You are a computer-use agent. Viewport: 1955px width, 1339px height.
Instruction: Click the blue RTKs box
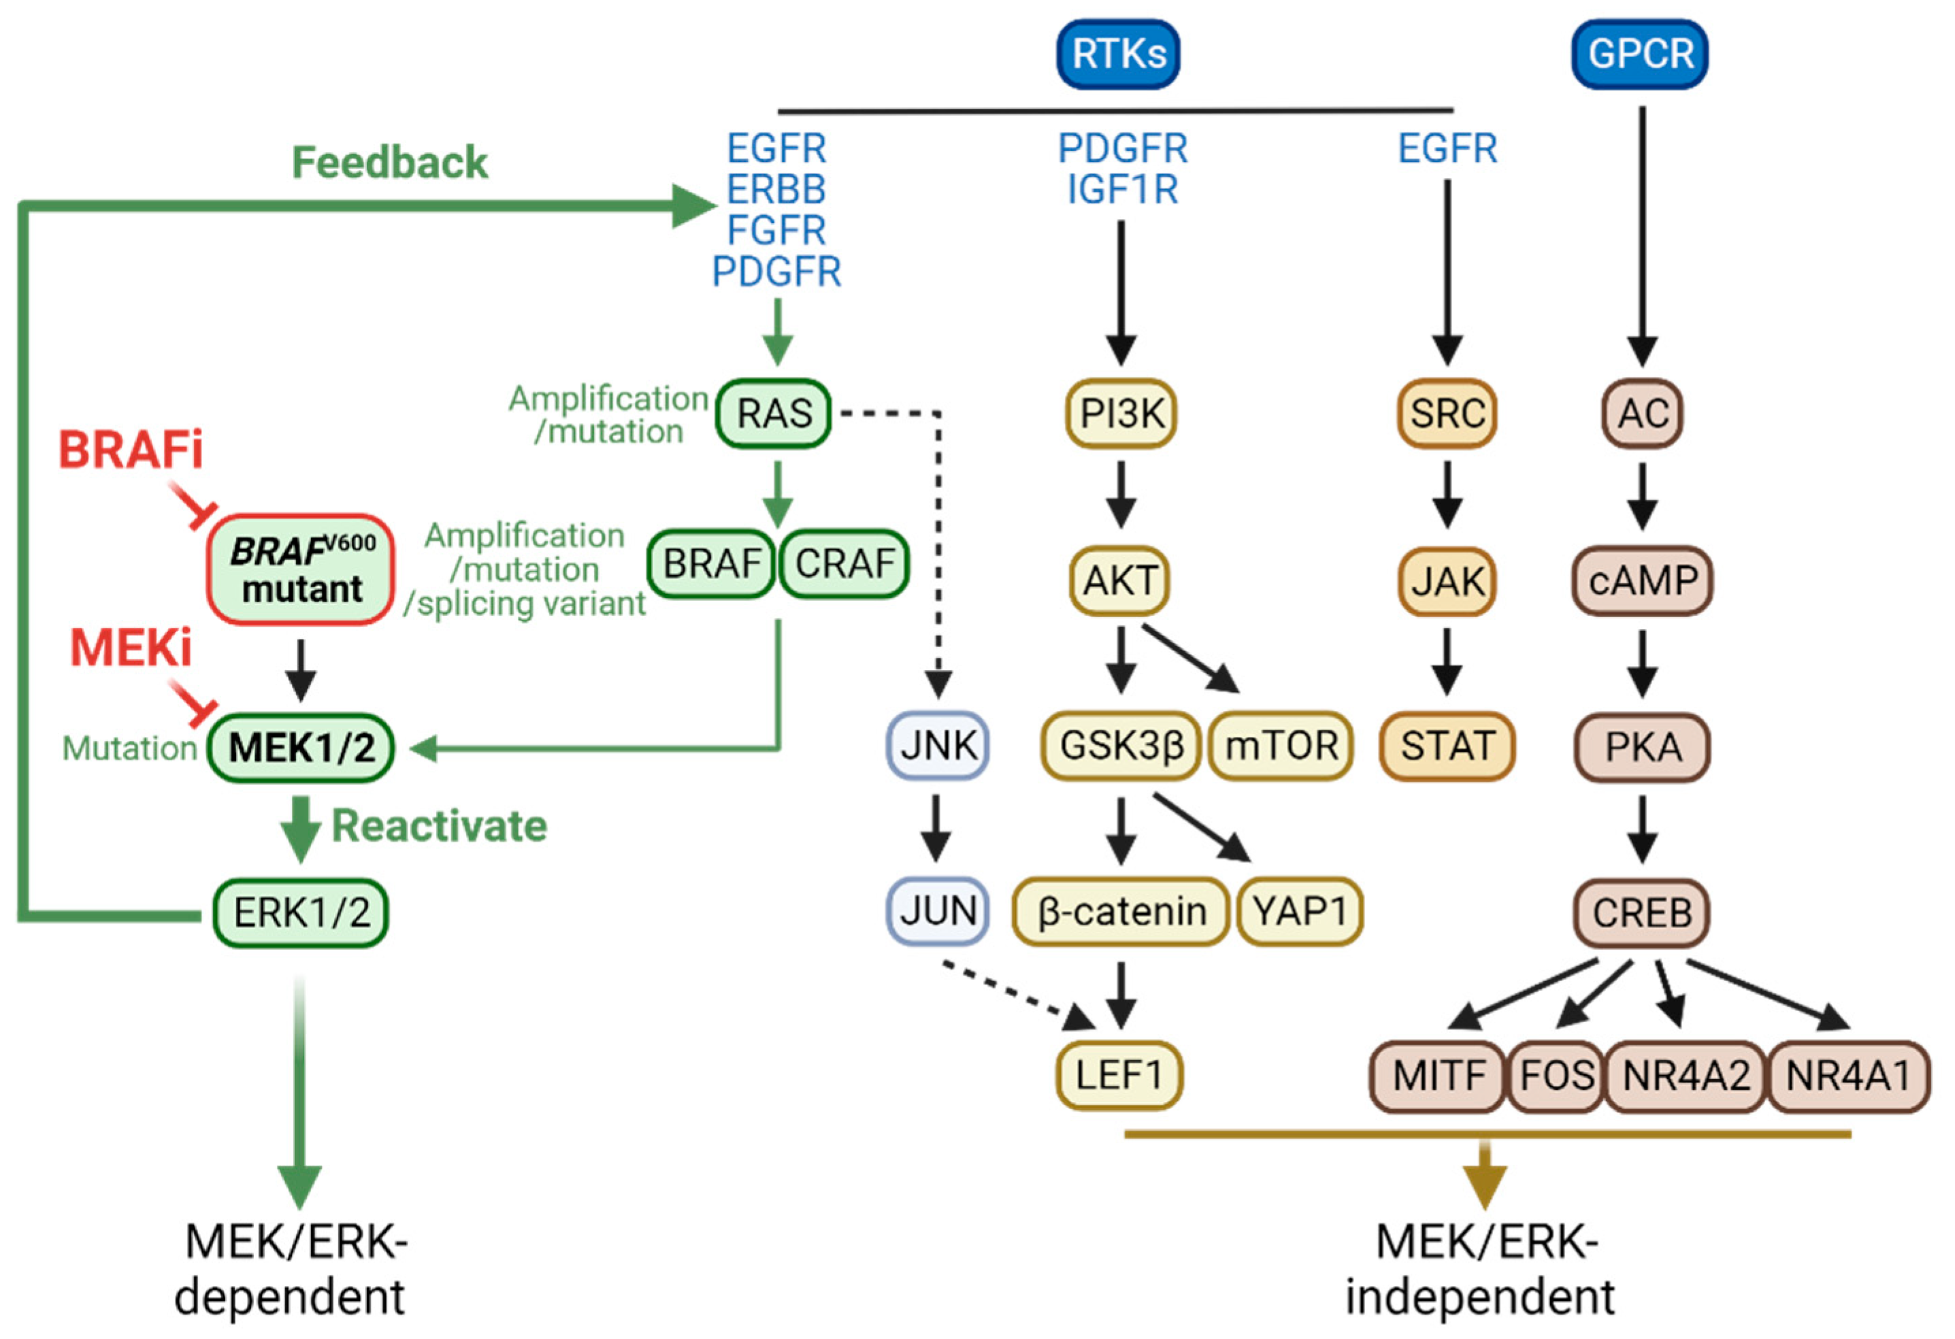[1118, 54]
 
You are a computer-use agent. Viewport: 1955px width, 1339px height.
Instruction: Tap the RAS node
[773, 413]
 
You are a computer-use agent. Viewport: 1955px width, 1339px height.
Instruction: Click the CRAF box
[844, 563]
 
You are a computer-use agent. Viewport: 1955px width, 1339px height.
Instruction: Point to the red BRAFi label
[131, 449]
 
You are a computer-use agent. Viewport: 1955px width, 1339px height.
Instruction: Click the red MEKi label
[131, 648]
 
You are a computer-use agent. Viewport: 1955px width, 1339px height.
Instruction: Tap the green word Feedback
[389, 163]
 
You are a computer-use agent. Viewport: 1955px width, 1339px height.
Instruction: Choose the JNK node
[937, 745]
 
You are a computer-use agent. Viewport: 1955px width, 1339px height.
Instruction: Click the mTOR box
[1281, 745]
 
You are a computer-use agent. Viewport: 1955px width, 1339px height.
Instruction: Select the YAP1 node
[1300, 911]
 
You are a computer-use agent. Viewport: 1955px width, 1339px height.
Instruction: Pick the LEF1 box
[1119, 1075]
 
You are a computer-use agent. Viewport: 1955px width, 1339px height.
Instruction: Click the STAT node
[1447, 745]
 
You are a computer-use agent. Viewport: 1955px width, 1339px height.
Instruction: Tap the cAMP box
[1642, 580]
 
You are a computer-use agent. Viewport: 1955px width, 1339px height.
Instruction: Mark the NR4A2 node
[1686, 1075]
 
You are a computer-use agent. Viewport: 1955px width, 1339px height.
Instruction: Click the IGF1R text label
[1122, 189]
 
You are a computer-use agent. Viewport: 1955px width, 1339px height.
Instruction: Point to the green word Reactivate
[439, 825]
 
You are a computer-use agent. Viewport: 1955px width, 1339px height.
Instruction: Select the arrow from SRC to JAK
[1447, 495]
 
